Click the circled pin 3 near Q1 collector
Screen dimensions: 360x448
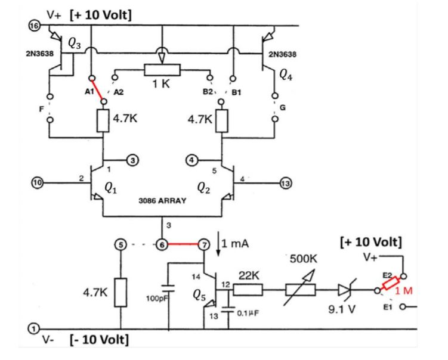tap(132, 160)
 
